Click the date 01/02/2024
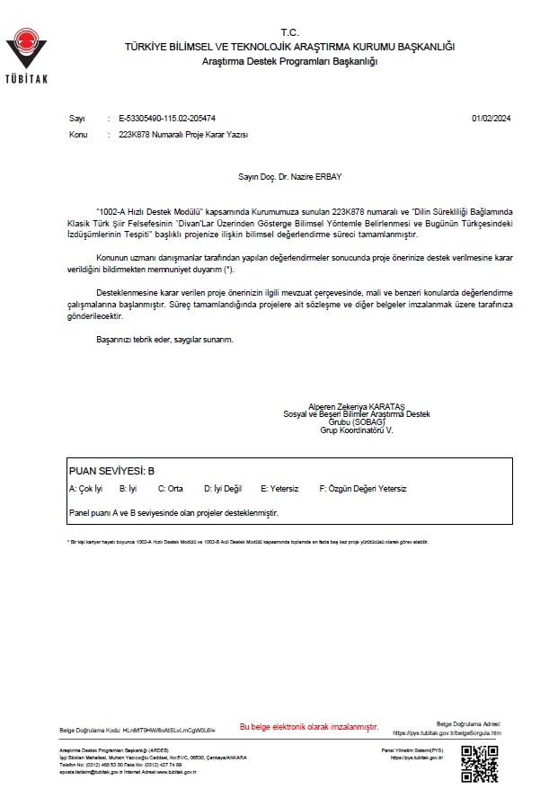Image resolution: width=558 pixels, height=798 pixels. pos(490,118)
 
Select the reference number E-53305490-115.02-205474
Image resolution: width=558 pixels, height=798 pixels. pos(167,118)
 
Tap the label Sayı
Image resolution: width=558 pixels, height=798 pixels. pos(76,118)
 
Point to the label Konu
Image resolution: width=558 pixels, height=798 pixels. pos(78,134)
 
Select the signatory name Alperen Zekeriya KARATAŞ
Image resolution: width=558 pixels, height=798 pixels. pos(357,406)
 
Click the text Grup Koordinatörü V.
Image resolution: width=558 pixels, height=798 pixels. pos(357,430)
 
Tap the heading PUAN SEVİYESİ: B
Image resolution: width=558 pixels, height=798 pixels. pos(112,470)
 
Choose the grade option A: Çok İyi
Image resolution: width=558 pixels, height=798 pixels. pos(86,489)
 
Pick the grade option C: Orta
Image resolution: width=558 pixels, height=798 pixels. pos(171,489)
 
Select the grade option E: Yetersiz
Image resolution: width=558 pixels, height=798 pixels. pos(279,489)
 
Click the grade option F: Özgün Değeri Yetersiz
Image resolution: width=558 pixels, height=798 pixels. pos(363,489)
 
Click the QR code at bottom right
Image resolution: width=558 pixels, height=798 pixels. pos(479,763)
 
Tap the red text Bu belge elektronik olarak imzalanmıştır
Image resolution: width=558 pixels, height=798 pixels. pos(309,726)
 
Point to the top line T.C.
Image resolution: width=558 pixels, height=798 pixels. pos(288,31)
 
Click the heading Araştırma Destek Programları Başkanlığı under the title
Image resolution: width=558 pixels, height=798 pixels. pos(290,60)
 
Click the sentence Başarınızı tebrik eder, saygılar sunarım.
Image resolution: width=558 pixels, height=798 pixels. pos(164,340)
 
